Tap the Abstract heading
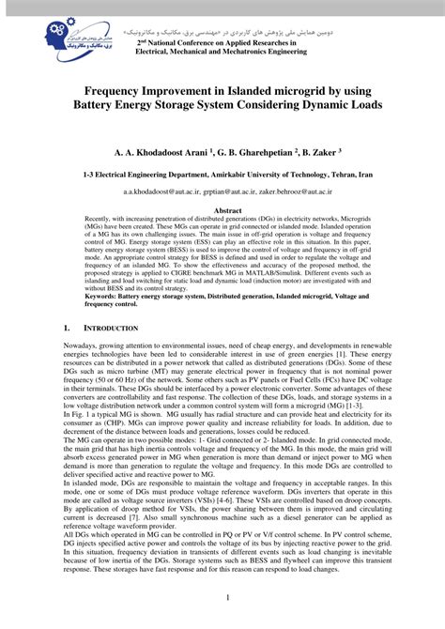222,211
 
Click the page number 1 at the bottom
222,597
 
